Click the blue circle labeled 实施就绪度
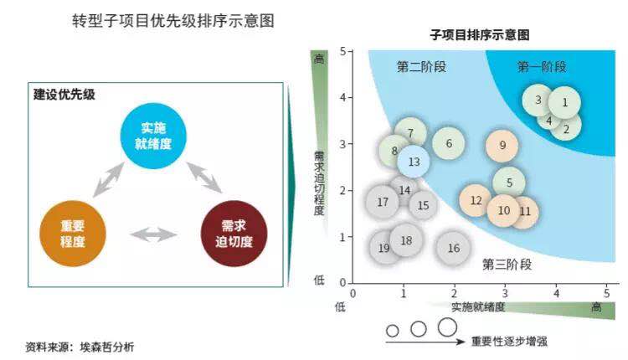tap(152, 135)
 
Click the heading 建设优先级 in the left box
tap(64, 95)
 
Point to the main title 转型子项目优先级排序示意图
tap(173, 19)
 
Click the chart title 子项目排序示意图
tap(479, 35)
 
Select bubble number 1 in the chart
tap(564, 102)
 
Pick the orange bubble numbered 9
tap(502, 145)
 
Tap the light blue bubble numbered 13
tap(414, 162)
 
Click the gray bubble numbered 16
tap(453, 248)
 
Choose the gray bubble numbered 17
tap(383, 202)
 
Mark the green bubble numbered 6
tap(449, 143)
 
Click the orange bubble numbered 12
tap(476, 200)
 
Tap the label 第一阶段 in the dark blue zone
tap(542, 66)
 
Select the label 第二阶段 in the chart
tap(420, 67)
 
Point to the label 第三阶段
tap(507, 265)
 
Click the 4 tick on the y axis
tap(343, 97)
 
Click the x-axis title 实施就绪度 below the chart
tap(478, 306)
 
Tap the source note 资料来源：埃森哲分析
tap(80, 346)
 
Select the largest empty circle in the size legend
tap(447, 327)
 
